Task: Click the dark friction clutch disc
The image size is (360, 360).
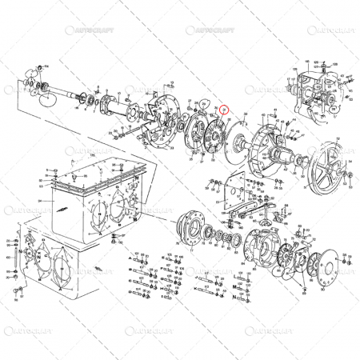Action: click(x=214, y=134)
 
